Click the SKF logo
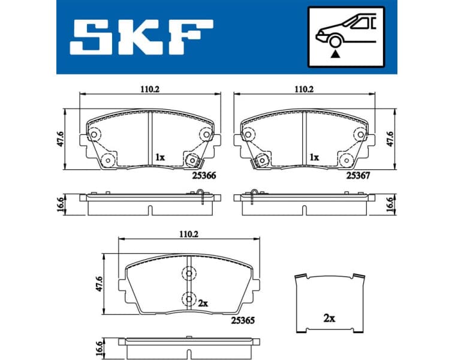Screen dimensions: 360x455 coord(141,37)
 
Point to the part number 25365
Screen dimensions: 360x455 coord(243,321)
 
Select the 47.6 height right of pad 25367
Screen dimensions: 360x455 coord(390,140)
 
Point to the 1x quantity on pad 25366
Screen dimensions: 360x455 coord(159,157)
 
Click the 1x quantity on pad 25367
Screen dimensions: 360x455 coord(314,157)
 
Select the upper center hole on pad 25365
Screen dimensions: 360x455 coord(189,274)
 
